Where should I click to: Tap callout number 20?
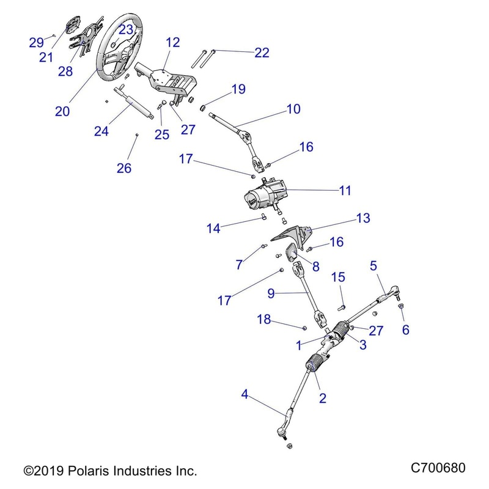point(62,111)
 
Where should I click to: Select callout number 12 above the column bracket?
point(173,42)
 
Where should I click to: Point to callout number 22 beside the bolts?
point(262,53)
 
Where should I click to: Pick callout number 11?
point(345,191)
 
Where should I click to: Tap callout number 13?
point(363,218)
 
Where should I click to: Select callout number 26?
point(124,168)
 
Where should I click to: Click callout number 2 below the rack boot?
point(323,399)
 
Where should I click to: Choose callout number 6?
point(405,330)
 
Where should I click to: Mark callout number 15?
point(339,278)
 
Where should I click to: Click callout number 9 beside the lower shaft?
point(276,293)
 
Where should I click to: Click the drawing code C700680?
point(438,469)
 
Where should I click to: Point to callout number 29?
point(37,42)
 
